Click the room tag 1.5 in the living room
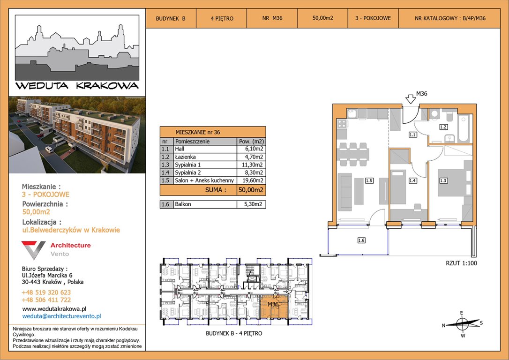[x=369, y=180]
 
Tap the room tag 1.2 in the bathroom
[x=443, y=127]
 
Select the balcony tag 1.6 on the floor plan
[x=361, y=240]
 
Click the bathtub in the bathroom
[x=464, y=128]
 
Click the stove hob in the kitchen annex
[x=342, y=124]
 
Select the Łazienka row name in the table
[x=185, y=157]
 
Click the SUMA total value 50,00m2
[x=251, y=190]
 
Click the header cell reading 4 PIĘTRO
[x=222, y=18]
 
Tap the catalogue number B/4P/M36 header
[x=450, y=18]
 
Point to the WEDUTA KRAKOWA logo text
[x=77, y=86]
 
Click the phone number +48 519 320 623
[x=46, y=292]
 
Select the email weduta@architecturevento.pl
[x=62, y=316]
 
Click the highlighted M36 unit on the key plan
[x=274, y=307]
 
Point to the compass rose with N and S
[x=462, y=323]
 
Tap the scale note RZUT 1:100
[x=461, y=263]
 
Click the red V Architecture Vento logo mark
[x=33, y=250]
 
